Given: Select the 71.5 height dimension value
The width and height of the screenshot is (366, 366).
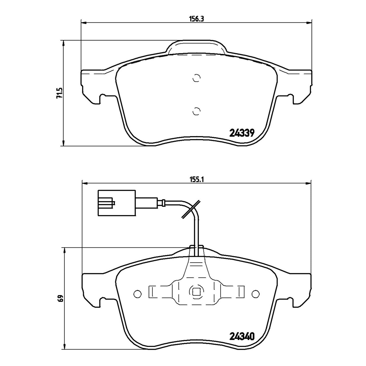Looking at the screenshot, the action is tap(59, 93).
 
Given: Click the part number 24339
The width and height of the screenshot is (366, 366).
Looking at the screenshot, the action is tap(242, 133).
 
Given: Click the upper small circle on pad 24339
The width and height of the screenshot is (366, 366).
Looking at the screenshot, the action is tap(196, 78).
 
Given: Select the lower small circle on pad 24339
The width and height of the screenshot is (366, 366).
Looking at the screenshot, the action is tap(196, 111).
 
